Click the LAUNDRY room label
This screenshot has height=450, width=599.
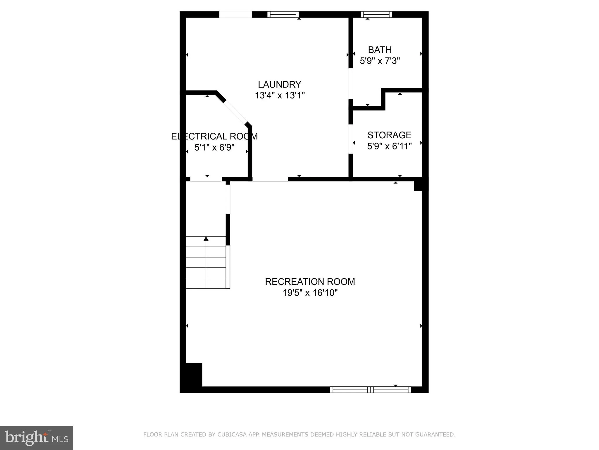pos(279,84)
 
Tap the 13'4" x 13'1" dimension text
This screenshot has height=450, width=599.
pos(280,96)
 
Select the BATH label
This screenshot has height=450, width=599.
pos(380,50)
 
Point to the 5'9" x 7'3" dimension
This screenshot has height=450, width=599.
pos(380,61)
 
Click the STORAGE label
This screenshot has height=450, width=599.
pos(389,135)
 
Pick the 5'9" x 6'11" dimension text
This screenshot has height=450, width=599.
pos(389,146)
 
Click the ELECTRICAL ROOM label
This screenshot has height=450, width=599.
pos(214,136)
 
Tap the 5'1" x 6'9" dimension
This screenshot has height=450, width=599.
pos(214,147)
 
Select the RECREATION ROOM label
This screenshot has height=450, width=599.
pos(310,282)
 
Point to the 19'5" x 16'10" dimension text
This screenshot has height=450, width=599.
pos(310,293)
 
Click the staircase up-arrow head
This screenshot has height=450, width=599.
pos(206,239)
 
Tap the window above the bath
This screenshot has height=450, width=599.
pos(376,14)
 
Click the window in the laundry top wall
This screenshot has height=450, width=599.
pos(283,14)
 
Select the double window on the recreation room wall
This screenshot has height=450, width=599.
pos(370,390)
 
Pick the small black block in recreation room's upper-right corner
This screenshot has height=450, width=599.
pos(418,186)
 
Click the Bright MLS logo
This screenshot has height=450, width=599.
pos(37,438)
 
